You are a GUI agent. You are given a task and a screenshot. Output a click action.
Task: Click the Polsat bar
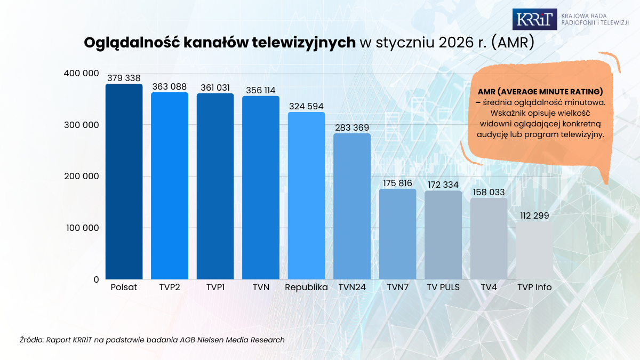point(124,181)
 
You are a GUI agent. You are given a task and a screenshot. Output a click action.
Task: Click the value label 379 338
point(124,78)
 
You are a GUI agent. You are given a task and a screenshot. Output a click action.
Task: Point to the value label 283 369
point(352,128)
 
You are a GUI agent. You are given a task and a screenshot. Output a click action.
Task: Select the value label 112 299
point(534,215)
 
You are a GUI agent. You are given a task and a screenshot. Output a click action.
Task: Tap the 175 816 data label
point(397,183)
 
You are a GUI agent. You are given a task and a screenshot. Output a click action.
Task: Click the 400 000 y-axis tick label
point(81,73)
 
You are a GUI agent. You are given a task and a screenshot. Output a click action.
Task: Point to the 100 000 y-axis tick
point(81,228)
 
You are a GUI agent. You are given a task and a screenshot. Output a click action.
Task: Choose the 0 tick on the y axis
point(96,279)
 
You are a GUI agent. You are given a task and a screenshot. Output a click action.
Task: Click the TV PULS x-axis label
point(443,287)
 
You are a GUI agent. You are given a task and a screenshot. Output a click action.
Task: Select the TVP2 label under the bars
point(170,287)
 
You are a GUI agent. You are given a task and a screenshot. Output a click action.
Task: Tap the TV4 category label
point(489,287)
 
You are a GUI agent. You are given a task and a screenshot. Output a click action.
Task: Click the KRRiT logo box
point(534,20)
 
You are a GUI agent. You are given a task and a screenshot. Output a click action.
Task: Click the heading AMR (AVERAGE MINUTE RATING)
point(540,92)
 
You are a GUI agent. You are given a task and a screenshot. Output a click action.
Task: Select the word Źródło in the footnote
point(31,339)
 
